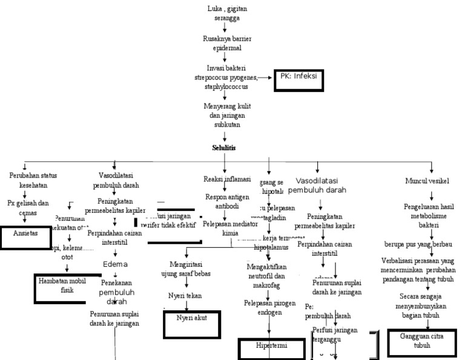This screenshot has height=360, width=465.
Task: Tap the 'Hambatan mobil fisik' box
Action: (64, 286)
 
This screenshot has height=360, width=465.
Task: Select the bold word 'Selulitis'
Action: (224, 147)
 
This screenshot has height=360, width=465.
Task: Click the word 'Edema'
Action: (115, 265)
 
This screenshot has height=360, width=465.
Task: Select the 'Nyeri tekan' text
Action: (185, 295)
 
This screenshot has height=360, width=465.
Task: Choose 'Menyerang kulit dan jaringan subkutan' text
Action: (224, 115)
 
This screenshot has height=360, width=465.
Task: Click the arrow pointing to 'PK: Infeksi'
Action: (266, 78)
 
